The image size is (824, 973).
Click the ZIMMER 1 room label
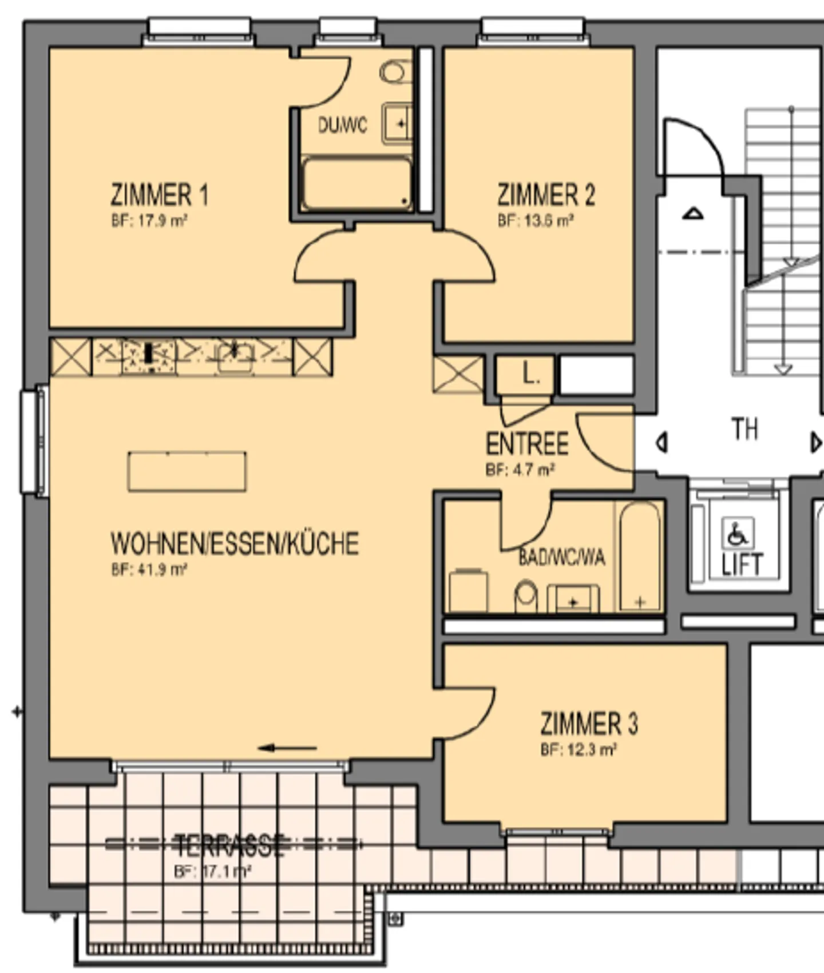(x=159, y=195)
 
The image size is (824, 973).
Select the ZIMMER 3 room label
(x=589, y=724)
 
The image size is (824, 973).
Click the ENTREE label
(x=527, y=444)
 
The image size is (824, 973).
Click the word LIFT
(x=742, y=565)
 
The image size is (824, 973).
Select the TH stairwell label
(x=744, y=429)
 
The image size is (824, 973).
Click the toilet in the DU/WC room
(x=394, y=73)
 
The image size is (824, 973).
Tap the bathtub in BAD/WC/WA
(x=640, y=557)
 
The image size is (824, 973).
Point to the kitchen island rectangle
(x=187, y=471)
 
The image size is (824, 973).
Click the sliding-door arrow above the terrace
(x=287, y=748)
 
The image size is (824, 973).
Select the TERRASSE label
(x=229, y=845)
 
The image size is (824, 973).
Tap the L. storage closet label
(x=530, y=374)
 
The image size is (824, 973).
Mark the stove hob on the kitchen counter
(x=149, y=356)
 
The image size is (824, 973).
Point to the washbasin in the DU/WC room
(x=397, y=123)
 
